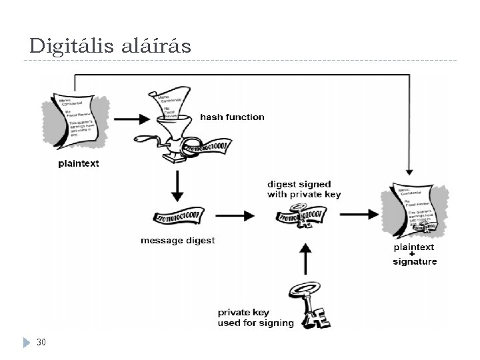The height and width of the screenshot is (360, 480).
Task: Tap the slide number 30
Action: point(41,342)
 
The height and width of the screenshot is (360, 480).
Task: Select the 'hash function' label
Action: point(232,117)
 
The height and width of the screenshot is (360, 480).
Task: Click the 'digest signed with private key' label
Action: point(304,189)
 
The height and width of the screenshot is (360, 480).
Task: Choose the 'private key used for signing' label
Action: point(255,318)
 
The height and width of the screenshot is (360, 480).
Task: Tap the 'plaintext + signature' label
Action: point(415,254)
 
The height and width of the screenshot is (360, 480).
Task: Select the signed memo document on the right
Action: point(414,211)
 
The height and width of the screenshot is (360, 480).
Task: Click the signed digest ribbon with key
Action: point(303,215)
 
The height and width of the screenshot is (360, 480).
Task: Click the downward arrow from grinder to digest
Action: point(177,186)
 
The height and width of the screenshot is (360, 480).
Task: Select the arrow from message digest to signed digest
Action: point(237,215)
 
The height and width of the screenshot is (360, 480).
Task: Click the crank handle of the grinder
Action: point(143,140)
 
